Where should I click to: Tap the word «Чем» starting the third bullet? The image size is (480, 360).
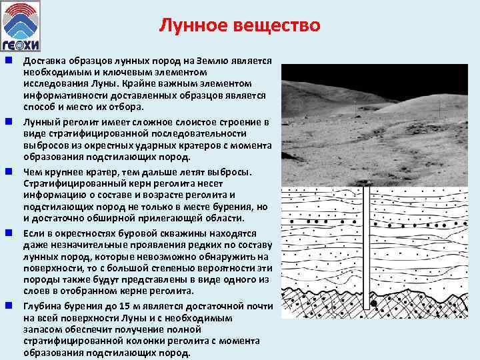[32, 172]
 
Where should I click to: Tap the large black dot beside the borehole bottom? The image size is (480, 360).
[375, 305]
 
